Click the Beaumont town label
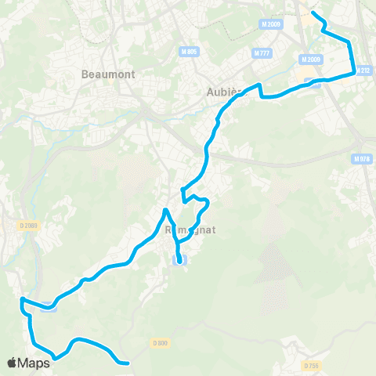[x=108, y=74]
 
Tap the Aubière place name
[x=227, y=91]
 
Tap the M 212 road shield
[x=363, y=70]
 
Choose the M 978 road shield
[x=361, y=159]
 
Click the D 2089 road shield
[x=29, y=226]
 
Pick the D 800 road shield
[x=161, y=342]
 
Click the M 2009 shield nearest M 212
[x=311, y=60]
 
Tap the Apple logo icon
[x=13, y=363]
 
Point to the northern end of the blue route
[x=313, y=13]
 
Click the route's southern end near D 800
[x=127, y=363]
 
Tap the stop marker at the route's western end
[x=49, y=305]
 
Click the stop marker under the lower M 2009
[x=312, y=81]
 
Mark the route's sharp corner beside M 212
[x=355, y=73]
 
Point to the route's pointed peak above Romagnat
[x=164, y=210]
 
